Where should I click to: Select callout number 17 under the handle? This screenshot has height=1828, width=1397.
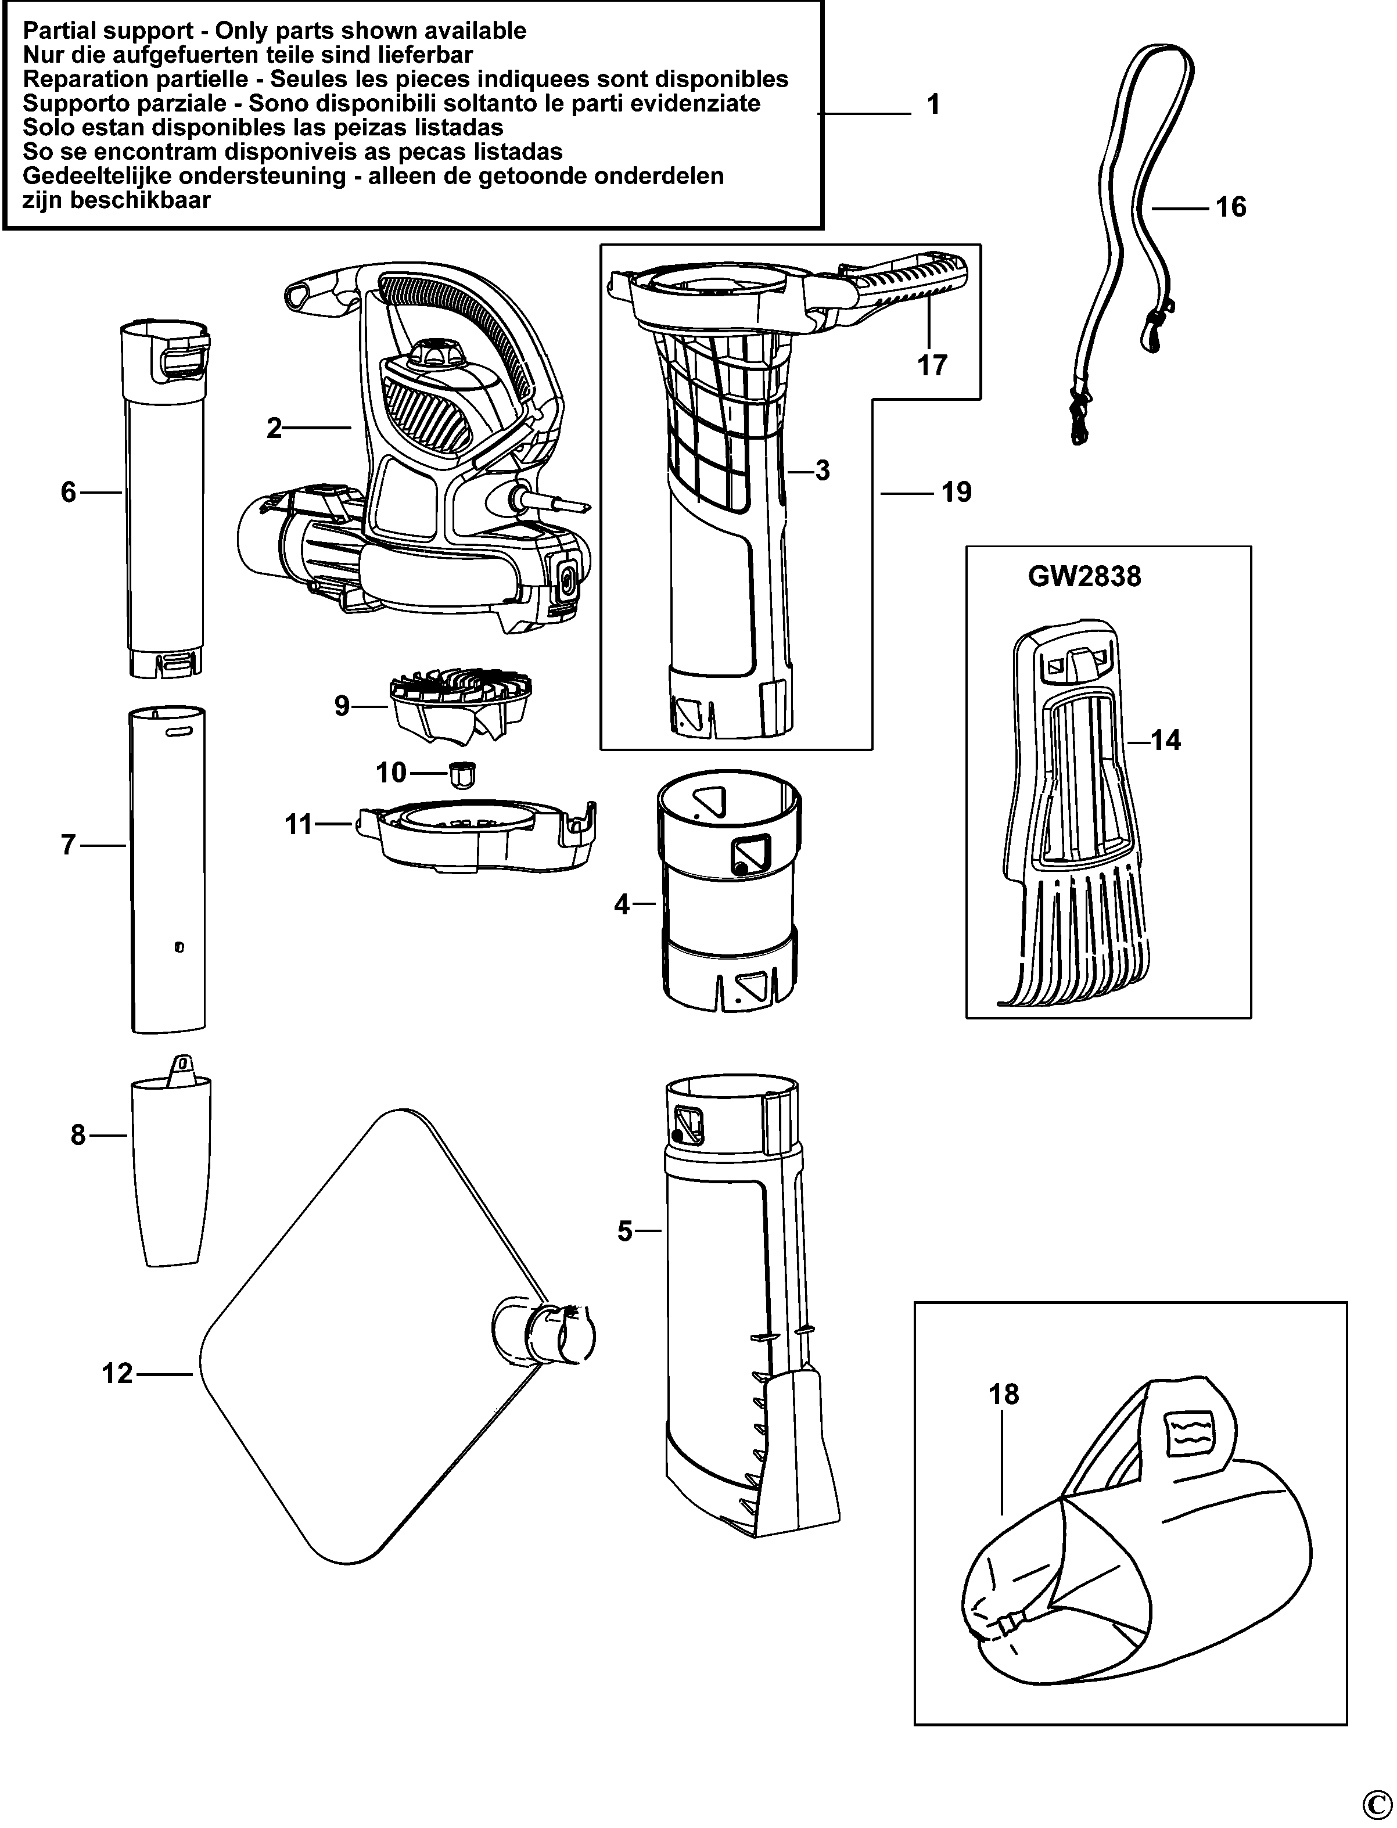[932, 365]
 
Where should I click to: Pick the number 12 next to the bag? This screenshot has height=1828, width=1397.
[118, 1373]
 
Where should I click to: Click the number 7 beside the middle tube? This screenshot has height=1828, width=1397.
[68, 846]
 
